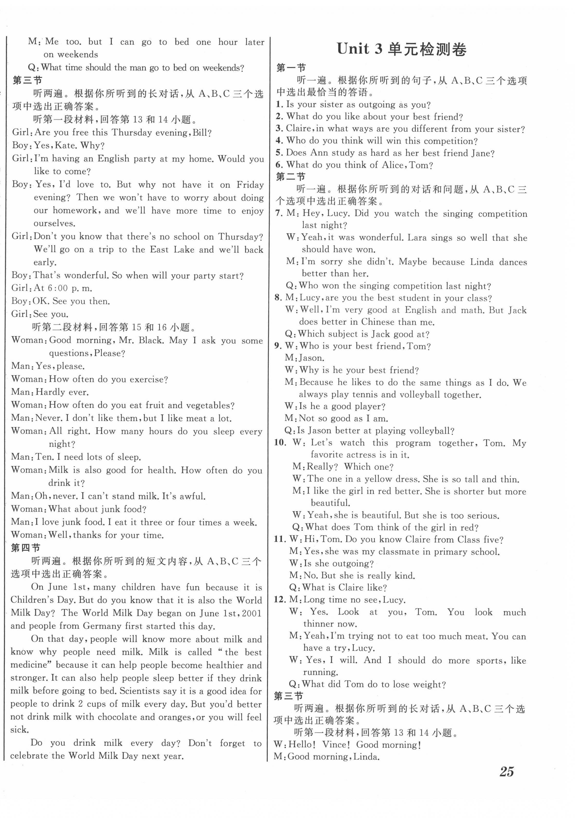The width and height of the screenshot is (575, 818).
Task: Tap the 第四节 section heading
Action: click(26, 548)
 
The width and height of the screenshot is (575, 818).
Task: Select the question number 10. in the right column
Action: click(280, 443)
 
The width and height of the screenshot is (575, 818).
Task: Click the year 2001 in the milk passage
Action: click(252, 613)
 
